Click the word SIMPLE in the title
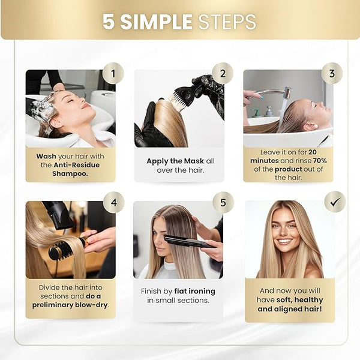(156, 22)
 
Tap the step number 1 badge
(113, 73)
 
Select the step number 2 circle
(223, 73)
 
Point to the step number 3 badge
(332, 73)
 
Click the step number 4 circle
(113, 203)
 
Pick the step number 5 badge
(223, 203)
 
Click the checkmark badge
(335, 202)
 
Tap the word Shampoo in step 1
(70, 173)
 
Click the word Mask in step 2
(194, 161)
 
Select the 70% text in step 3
(320, 160)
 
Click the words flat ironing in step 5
(194, 292)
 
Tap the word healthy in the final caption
(309, 300)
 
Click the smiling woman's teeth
(284, 241)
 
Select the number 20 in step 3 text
(313, 152)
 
